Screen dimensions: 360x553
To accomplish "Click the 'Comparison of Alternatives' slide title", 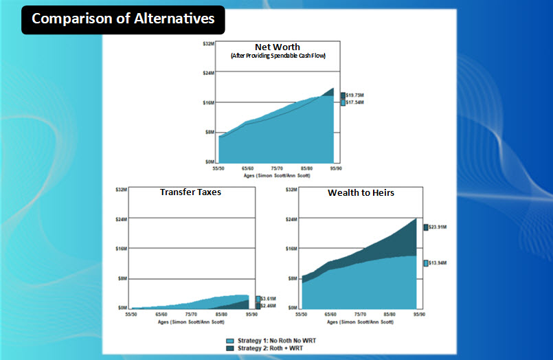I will pos(123,19).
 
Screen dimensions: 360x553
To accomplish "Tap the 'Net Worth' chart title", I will pos(278,47).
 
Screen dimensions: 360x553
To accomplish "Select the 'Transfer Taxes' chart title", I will pos(190,192).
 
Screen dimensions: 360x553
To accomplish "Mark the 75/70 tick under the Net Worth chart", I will pos(278,168).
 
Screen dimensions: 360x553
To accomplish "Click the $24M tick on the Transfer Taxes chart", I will pos(122,218).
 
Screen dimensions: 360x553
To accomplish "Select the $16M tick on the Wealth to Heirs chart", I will pos(291,248).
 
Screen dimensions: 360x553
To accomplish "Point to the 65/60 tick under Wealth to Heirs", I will pos(330,314).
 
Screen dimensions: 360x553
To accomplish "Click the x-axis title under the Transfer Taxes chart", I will pos(192,322).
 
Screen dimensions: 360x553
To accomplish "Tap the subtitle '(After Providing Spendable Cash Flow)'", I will pos(278,55).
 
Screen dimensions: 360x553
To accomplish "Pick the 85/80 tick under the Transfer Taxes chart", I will pos(221,314).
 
